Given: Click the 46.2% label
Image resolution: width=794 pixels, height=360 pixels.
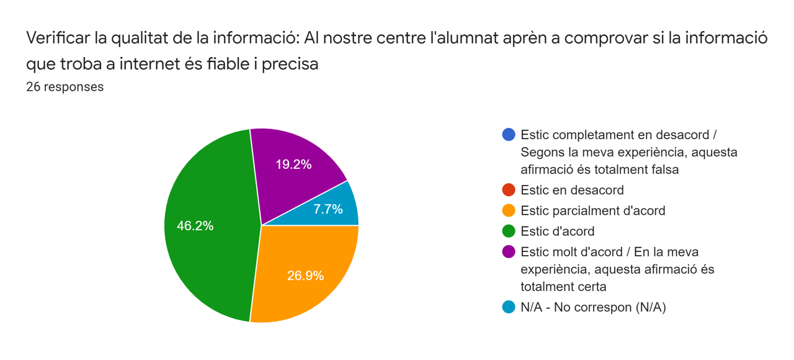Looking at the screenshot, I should tap(195, 226).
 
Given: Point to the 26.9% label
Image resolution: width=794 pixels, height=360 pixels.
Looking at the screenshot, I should tap(305, 276).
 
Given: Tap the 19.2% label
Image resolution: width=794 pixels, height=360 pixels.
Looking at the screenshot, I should tap(293, 164).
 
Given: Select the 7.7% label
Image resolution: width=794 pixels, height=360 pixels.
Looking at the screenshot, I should tap(328, 209).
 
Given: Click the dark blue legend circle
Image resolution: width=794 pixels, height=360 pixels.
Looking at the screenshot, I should tap(509, 135).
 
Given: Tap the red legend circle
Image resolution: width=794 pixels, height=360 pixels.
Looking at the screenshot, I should tap(509, 190).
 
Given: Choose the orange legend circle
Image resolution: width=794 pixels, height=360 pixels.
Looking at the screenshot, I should tap(509, 210).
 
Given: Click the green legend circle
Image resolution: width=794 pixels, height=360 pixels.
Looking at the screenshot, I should tap(509, 232).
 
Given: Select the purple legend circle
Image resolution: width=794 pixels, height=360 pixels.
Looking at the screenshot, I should tap(509, 252).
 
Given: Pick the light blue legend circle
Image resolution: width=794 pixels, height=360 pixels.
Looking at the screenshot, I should tap(509, 307).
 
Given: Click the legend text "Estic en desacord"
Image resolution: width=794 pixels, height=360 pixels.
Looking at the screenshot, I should tap(572, 190).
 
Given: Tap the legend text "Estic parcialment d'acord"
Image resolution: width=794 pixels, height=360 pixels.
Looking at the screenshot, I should tap(592, 210).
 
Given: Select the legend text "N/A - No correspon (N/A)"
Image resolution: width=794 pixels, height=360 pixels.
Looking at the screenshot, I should tap(593, 307).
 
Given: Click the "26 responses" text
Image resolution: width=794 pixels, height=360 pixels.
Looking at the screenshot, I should tap(65, 87).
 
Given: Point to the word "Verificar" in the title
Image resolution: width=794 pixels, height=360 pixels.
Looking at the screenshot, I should tap(57, 38).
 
